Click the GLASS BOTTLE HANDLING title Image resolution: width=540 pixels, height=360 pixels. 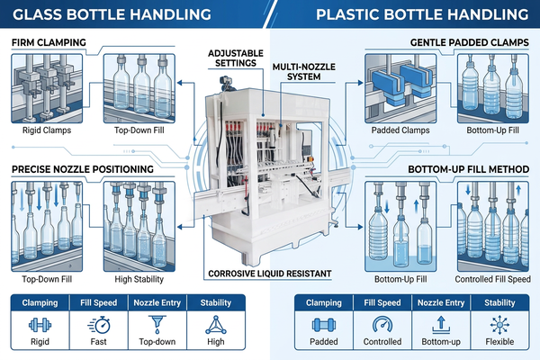click(112, 14)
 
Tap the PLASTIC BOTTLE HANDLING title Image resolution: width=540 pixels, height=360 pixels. click(422, 14)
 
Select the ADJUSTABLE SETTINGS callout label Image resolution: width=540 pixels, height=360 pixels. click(236, 58)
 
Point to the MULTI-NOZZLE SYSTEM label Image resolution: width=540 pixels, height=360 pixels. click(304, 72)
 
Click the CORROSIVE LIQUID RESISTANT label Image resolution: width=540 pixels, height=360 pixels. click(270, 274)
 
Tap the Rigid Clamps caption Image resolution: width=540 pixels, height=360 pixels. click(47, 130)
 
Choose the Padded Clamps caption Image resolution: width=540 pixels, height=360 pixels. click(400, 130)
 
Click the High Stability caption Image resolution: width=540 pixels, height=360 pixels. click(139, 279)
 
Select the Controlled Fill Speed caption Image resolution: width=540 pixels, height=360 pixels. click(493, 279)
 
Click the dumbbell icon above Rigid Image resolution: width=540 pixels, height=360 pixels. click(40, 325)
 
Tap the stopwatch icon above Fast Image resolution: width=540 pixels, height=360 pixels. click(99, 325)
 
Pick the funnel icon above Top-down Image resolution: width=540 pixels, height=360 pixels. click(157, 325)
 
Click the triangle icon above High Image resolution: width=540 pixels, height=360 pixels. click(216, 325)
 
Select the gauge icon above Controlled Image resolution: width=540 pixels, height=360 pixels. click(382, 325)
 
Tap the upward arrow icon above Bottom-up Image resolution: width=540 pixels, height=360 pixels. click(441, 325)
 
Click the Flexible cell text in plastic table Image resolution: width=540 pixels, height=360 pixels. click(499, 342)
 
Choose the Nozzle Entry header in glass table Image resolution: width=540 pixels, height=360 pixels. click(157, 302)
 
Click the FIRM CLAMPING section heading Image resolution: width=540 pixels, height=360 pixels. click(49, 42)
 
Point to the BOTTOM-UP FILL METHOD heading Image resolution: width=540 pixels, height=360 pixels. click(468, 169)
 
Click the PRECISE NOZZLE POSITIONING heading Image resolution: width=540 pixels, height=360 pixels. click(83, 169)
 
